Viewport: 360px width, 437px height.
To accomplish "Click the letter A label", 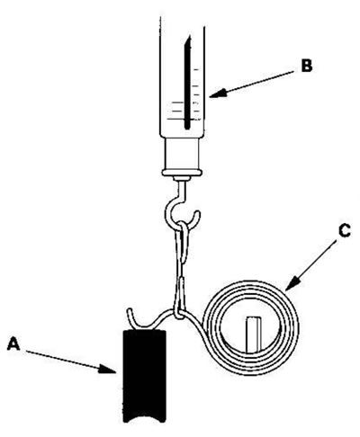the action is point(13,343).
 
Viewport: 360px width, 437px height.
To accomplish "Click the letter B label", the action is point(307,66).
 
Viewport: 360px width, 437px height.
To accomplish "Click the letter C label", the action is point(345,231).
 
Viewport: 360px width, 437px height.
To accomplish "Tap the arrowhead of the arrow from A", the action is point(109,370).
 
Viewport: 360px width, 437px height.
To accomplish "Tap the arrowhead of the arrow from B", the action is point(218,93).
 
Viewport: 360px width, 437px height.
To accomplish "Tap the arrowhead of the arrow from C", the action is point(292,283).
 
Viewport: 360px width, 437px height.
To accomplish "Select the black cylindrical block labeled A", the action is point(144,376).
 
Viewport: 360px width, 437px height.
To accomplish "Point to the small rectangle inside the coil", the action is point(254,334).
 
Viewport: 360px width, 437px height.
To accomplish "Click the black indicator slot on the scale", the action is point(187,83).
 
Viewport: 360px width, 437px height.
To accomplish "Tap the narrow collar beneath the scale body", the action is point(182,154).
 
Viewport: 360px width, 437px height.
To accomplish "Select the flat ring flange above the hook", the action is point(182,173).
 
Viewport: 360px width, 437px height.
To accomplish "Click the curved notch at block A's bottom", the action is point(144,417).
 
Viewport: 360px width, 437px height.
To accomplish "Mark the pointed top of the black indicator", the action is point(189,37).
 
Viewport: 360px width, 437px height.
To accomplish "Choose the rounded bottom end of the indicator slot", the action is point(187,128).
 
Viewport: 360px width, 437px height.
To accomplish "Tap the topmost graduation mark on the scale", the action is point(197,70).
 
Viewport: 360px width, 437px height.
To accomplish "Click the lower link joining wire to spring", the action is point(179,299).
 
